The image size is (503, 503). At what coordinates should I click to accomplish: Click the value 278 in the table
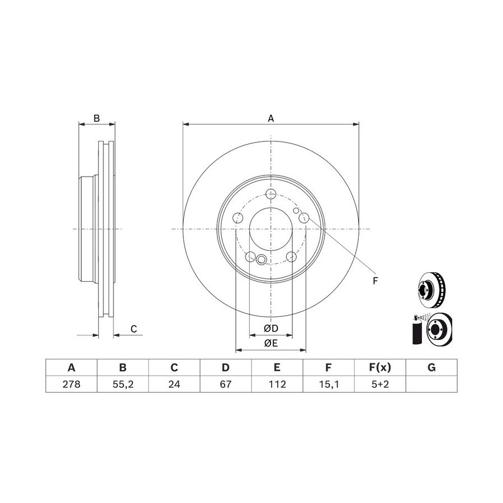coord(71,384)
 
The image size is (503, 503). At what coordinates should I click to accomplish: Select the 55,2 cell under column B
coord(123,384)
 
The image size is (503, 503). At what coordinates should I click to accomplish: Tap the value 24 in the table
coord(174,384)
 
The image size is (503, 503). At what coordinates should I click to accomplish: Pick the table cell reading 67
coord(226,384)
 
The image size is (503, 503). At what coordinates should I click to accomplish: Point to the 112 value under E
coord(277,384)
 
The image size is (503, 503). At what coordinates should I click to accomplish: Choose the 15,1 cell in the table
coord(329,384)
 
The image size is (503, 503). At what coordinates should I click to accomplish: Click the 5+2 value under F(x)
coord(380,384)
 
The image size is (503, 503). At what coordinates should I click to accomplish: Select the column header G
coord(431,367)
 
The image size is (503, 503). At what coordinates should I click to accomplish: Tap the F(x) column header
coord(380,367)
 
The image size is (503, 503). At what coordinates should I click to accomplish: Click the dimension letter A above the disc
coord(271,118)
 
